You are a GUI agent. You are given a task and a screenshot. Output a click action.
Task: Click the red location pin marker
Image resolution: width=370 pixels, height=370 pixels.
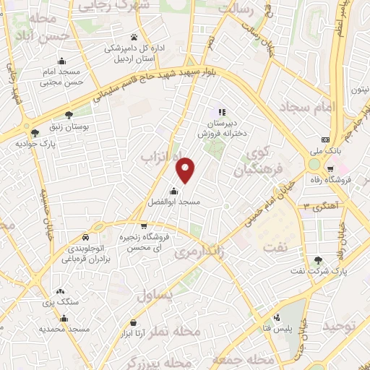tap(186, 170)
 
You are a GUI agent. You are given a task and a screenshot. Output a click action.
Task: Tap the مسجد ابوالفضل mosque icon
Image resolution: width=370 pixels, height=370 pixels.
tap(174, 192)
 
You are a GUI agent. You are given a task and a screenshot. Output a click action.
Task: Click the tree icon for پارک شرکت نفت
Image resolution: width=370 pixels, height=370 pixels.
tap(318, 260)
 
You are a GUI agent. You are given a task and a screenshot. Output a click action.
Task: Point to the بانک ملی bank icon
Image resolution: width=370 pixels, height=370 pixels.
tap(325, 139)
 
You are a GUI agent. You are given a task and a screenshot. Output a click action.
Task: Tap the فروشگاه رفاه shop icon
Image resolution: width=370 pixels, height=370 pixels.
tap(345, 168)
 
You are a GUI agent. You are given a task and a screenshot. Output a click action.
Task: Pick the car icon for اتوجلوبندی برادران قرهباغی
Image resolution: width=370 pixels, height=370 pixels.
tap(86, 238)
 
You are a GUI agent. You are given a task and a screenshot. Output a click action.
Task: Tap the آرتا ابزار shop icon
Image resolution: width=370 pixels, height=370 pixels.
tap(132, 322)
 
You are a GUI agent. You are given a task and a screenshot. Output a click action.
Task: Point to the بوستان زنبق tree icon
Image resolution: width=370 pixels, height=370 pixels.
tap(69, 115)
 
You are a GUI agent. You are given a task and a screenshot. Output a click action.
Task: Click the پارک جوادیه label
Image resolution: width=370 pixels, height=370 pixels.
tap(35, 142)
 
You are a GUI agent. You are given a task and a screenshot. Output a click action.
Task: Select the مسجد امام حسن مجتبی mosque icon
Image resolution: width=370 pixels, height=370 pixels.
tap(63, 61)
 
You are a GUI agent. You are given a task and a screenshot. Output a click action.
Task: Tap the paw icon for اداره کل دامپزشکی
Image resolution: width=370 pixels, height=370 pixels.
tap(134, 37)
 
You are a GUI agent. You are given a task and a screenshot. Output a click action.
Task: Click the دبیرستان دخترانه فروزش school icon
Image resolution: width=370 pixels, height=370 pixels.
tap(223, 112)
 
